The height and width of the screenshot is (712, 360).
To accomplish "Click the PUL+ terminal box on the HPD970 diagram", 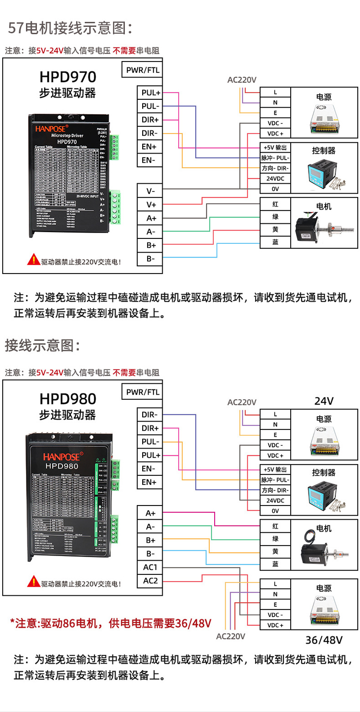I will coord(150,93).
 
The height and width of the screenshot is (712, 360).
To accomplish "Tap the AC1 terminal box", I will coord(150,567).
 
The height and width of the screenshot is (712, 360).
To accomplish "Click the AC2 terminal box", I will coord(150,581).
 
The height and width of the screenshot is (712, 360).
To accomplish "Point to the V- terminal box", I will coord(150,191).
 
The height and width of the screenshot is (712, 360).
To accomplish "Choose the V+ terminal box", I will coord(150,205).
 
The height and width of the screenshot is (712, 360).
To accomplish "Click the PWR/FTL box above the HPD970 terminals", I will coord(142,70).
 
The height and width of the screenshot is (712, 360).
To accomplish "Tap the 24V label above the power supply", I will coord(324,401).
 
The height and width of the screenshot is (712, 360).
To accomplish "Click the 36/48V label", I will coord(324,640).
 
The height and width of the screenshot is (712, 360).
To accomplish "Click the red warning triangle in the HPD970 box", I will coord(33,260).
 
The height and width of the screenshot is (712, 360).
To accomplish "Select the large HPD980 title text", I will coord(68,399).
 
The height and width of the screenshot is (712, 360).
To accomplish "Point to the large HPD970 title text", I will coord(68,76).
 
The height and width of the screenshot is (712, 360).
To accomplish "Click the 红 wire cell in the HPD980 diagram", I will coord(275,526).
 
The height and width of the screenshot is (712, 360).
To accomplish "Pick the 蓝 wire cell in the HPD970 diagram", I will coord(275,242).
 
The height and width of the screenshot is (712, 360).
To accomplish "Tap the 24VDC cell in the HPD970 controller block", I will coord(275,179).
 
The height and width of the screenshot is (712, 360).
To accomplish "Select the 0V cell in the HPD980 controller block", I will coord(275,511).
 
